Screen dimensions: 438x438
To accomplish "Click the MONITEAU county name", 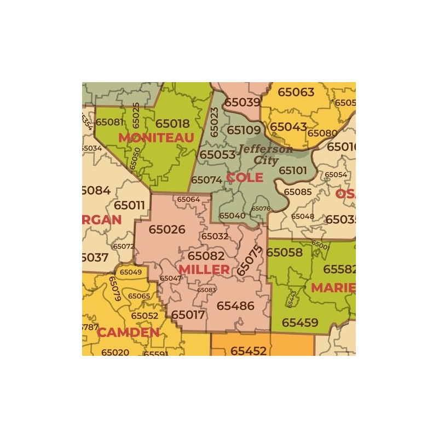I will [x=156, y=137].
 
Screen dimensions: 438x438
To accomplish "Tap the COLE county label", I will [x=245, y=177].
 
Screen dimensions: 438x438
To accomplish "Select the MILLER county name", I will [x=204, y=269].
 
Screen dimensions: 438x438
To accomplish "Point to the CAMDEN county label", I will [x=128, y=332].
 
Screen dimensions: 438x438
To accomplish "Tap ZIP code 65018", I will [x=172, y=124].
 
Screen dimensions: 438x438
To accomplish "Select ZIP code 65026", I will [x=167, y=229].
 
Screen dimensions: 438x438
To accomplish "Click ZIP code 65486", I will [x=235, y=306].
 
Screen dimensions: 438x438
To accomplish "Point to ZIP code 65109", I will [x=244, y=130].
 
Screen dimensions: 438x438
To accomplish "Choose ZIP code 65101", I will [x=293, y=170].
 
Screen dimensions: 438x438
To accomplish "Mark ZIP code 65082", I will [x=206, y=256].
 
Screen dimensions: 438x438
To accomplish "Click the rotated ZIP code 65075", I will [x=250, y=260].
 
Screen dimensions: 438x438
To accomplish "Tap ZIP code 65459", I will [x=300, y=322].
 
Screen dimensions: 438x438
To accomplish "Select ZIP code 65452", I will [x=248, y=351].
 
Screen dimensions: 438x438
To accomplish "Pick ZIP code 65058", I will [x=285, y=252].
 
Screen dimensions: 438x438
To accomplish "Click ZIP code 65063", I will [x=296, y=92].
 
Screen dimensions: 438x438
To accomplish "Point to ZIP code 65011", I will [x=129, y=205].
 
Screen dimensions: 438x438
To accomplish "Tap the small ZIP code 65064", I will [x=188, y=199].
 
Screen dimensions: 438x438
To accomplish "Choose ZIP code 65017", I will [x=188, y=315].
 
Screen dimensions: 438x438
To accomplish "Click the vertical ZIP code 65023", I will [x=214, y=122].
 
